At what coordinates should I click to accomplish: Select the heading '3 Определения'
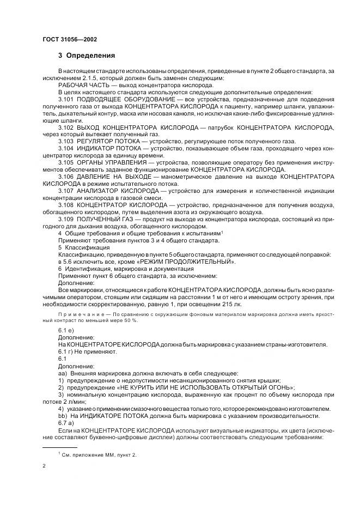pos(87,56)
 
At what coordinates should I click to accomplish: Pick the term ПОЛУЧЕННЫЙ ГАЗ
pos(106,218)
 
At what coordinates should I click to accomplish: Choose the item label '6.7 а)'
pos(66,422)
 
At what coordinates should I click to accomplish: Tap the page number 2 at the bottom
pos(44,466)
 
